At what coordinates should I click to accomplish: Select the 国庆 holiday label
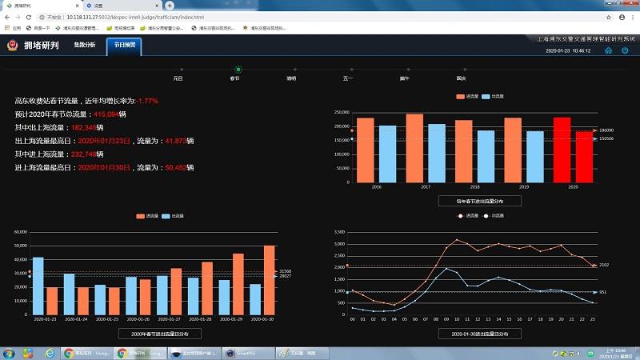[x=461, y=78]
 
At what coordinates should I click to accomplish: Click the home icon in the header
[x=608, y=50]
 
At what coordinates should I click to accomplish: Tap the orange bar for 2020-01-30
[x=270, y=280]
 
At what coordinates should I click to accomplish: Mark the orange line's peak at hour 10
[x=456, y=240]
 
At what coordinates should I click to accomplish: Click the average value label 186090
[x=606, y=130]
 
